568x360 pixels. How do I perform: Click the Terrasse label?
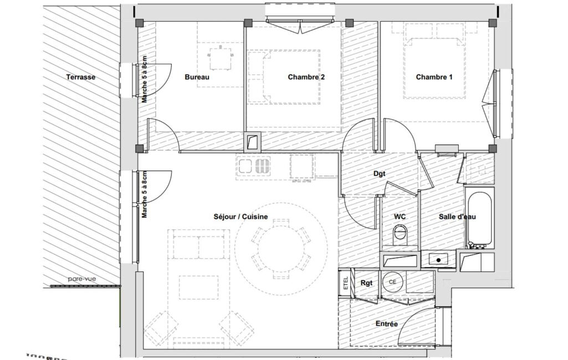(x=81, y=77)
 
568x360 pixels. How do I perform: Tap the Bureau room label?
(x=197, y=77)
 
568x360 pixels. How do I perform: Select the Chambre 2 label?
(x=306, y=77)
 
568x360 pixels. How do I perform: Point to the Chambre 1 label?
(x=434, y=77)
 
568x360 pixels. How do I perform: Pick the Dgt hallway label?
(x=379, y=174)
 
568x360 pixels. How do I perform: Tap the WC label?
(x=400, y=217)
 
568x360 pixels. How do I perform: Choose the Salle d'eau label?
(x=457, y=217)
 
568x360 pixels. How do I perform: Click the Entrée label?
(x=386, y=324)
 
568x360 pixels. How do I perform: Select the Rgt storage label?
(x=367, y=283)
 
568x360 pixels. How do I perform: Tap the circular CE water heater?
(x=392, y=282)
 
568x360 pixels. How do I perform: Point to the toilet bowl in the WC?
(x=400, y=234)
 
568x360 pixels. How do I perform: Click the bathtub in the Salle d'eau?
(x=479, y=218)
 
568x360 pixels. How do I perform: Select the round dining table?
(x=281, y=249)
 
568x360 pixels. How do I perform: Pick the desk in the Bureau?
(x=220, y=59)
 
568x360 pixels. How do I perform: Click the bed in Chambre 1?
(x=434, y=67)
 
